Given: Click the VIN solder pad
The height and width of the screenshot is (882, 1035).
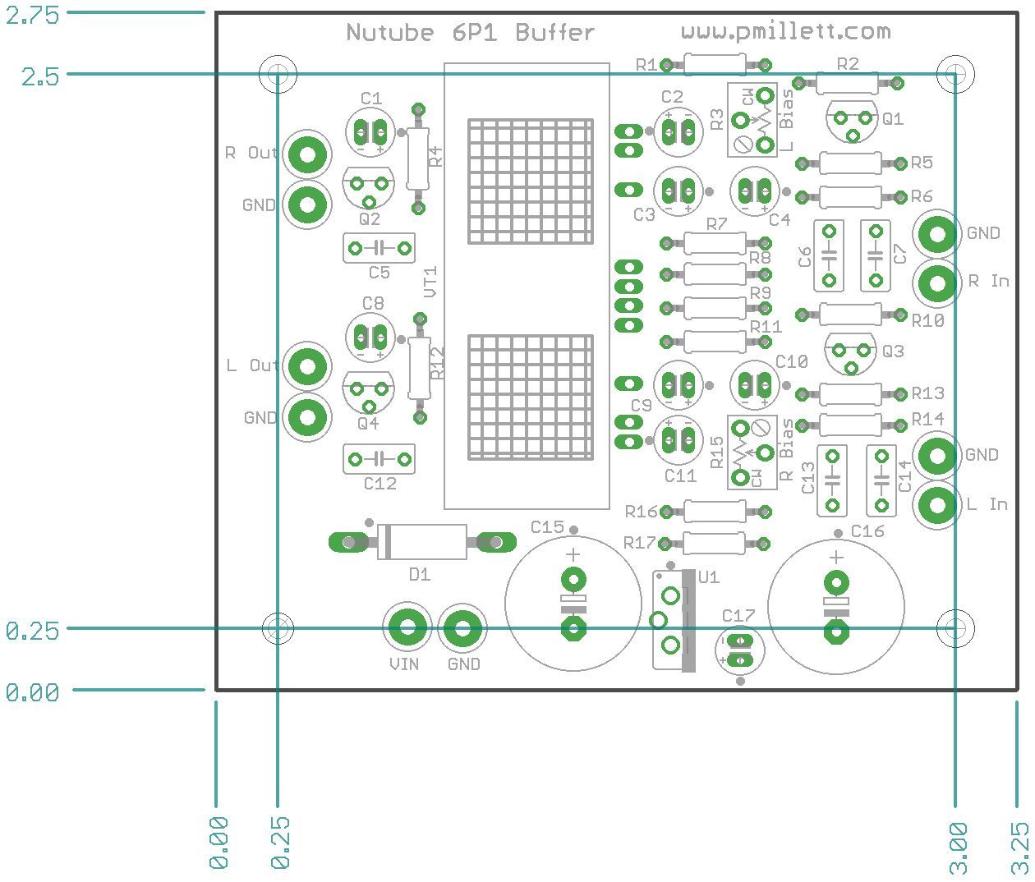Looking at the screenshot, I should point(407,628).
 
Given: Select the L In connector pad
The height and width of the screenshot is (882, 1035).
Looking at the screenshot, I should point(936,504).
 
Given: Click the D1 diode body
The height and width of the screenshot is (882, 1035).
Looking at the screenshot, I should point(422,542).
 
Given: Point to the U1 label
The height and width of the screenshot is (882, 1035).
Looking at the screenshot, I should point(708,577).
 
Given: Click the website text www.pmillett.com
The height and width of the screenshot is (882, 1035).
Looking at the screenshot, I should point(785,32).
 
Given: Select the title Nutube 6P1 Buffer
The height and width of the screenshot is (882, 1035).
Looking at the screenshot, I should point(470,33).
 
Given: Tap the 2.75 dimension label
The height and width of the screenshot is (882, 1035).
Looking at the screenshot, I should point(32,14).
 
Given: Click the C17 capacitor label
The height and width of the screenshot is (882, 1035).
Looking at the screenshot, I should point(738,615).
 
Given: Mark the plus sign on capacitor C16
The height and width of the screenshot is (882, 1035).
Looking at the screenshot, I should point(836,558).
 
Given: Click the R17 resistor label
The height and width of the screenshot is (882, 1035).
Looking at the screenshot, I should point(640,543).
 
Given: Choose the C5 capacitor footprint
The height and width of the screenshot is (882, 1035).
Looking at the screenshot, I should point(379,247).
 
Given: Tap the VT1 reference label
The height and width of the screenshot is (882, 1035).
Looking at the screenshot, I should point(431,282).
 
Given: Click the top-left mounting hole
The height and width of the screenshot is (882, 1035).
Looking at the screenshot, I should point(278,74).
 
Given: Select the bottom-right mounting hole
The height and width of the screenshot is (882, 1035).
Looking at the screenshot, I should point(955,628).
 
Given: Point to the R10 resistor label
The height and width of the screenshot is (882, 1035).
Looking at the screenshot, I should point(927,321).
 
